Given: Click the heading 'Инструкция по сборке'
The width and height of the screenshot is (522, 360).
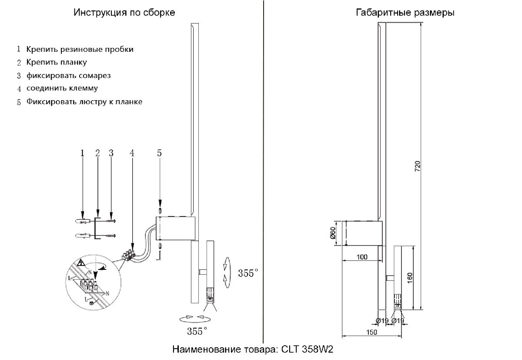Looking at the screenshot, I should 124,13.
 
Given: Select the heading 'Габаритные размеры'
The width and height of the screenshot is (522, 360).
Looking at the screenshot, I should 405,13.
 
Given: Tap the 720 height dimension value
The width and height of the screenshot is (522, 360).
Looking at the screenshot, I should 416,167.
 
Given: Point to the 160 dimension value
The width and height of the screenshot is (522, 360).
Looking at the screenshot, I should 411,277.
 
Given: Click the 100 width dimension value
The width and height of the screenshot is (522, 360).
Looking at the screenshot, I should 361,257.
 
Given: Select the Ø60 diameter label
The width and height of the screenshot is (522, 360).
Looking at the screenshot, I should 332,233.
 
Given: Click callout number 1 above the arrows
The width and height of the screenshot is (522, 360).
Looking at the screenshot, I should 82,153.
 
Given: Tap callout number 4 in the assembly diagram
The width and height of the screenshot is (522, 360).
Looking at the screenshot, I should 132,153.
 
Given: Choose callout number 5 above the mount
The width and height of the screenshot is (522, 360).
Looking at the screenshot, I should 159,153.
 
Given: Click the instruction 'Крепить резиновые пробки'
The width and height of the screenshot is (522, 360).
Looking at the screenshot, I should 80,49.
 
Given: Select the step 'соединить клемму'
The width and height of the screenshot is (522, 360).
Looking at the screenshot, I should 62,88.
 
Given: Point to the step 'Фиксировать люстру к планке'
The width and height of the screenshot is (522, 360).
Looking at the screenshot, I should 84,102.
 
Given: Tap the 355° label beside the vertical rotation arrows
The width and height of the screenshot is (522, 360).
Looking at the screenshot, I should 248,273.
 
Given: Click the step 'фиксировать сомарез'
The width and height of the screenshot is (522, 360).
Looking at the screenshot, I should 68,75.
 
